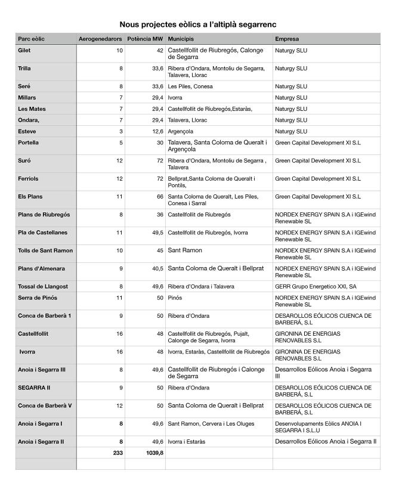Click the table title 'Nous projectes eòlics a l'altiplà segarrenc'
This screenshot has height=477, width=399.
click(x=199, y=24)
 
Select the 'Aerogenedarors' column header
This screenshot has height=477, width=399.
click(x=100, y=39)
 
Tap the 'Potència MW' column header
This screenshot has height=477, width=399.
click(x=145, y=39)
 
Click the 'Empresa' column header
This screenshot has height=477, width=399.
click(x=287, y=39)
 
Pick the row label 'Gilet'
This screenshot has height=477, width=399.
click(x=24, y=51)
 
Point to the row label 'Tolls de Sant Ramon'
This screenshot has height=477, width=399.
click(x=45, y=250)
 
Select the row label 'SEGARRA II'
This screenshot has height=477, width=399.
click(x=36, y=388)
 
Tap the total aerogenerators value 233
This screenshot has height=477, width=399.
click(x=117, y=453)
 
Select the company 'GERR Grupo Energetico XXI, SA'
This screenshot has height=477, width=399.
click(x=316, y=286)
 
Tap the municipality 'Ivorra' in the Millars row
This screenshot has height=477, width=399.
click(x=175, y=97)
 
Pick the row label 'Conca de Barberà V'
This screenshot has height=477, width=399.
click(x=45, y=405)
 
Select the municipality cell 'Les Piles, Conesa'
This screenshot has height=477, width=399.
click(x=190, y=86)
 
